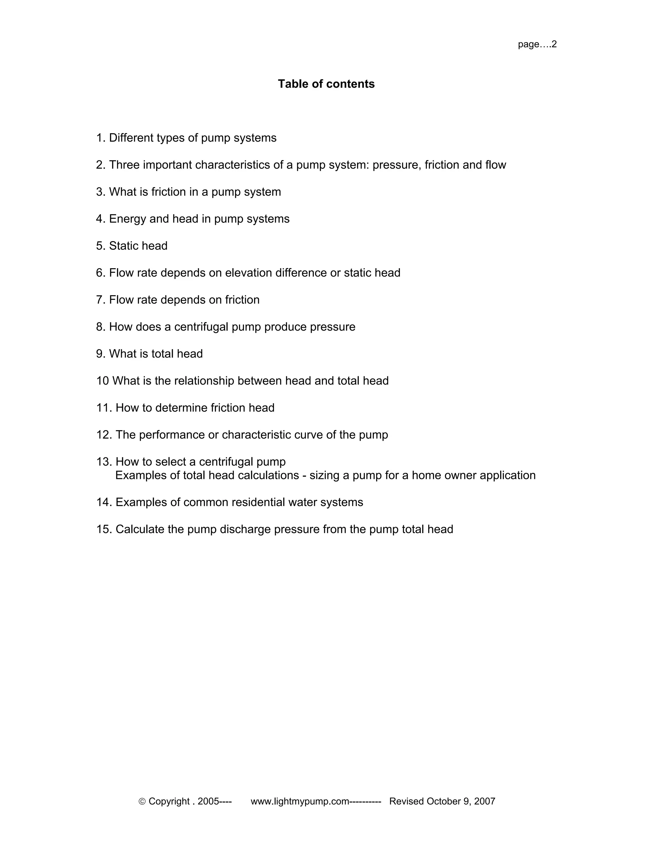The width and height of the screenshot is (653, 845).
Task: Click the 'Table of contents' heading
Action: (x=326, y=84)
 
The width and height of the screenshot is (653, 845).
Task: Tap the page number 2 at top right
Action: (x=554, y=44)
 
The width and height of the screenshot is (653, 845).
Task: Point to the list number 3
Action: (x=100, y=192)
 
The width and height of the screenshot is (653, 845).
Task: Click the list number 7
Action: (x=100, y=300)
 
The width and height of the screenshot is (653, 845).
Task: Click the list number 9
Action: (x=100, y=354)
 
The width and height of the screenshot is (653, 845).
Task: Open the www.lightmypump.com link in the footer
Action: (x=300, y=801)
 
